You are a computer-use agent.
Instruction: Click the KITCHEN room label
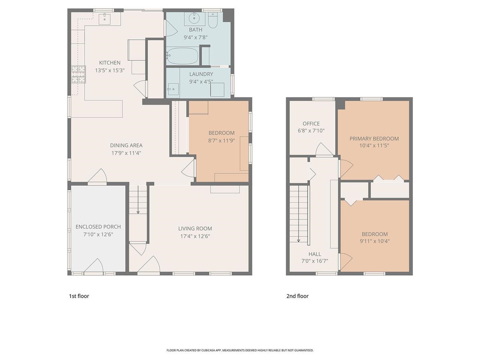109,63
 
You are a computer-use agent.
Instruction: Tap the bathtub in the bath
182,56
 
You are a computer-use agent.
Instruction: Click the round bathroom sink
194,17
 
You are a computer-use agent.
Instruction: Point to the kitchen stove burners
79,74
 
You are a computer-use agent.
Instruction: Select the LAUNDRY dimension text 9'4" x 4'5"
201,81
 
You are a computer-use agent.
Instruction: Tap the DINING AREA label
126,145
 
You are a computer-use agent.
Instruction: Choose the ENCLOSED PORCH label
98,226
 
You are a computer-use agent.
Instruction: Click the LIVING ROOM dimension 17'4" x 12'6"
195,236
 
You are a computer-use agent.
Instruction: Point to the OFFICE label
311,123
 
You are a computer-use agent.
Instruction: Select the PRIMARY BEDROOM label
374,138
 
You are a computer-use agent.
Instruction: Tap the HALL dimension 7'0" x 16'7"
315,261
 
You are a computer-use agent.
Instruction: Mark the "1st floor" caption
79,296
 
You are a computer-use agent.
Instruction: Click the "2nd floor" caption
297,296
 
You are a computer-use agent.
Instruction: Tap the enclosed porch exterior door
93,266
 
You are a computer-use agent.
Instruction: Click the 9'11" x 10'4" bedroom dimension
375,241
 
